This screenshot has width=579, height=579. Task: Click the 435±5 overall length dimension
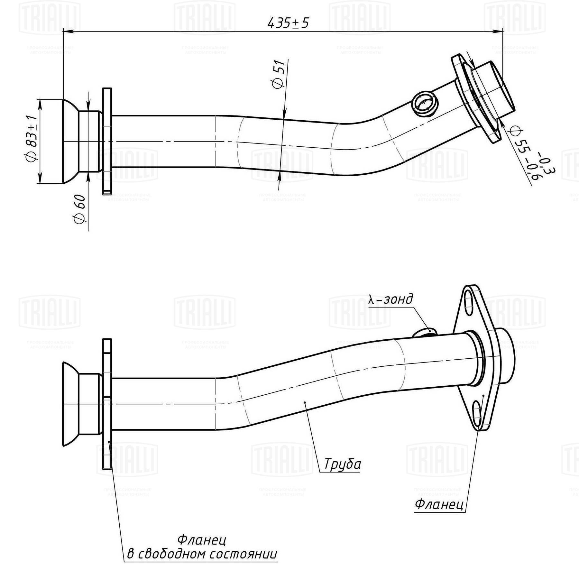(x=288, y=23)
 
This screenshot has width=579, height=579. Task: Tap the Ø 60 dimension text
(x=80, y=209)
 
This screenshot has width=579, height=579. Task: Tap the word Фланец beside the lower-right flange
(x=439, y=504)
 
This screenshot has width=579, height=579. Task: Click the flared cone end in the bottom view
(x=70, y=404)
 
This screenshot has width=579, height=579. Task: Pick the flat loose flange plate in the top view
(x=107, y=141)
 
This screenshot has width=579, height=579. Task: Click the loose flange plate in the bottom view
(x=107, y=404)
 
